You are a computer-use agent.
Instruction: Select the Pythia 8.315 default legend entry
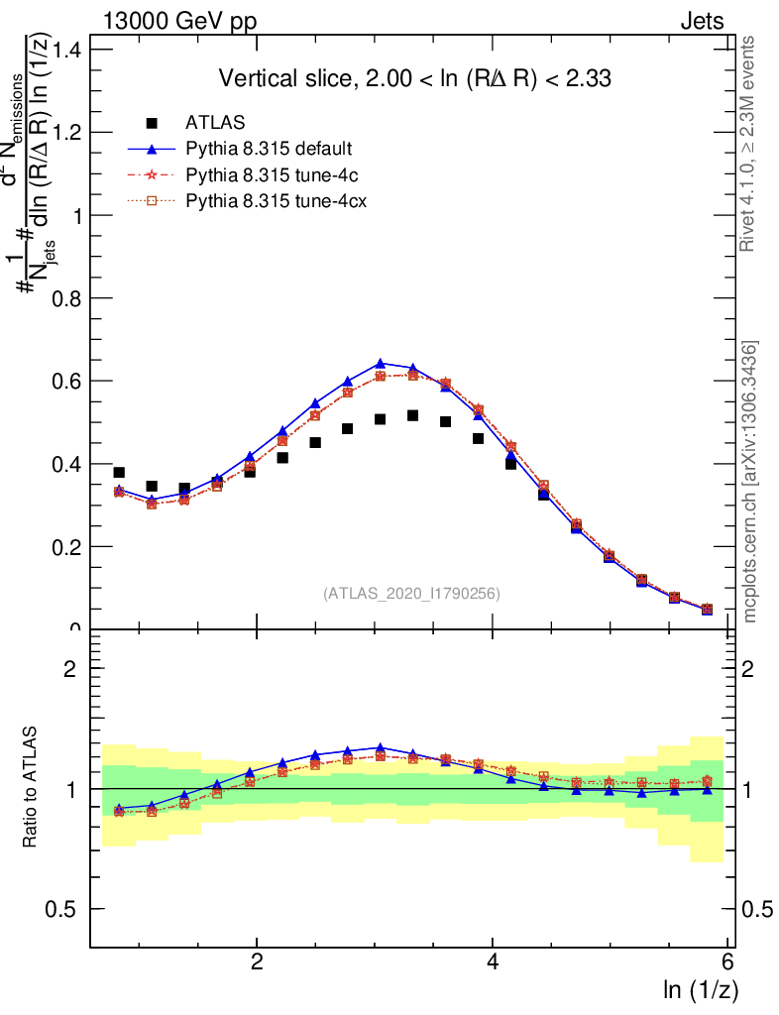tap(269, 150)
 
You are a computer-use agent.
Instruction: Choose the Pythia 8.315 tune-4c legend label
tap(269, 175)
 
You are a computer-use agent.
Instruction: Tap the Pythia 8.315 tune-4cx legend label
tap(273, 201)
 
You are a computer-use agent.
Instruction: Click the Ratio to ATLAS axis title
tap(32, 788)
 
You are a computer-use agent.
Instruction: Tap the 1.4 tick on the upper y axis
tap(66, 50)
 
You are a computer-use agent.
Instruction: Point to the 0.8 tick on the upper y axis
tap(66, 298)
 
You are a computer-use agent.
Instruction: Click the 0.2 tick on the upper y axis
tap(66, 547)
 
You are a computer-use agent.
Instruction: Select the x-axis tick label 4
tap(493, 962)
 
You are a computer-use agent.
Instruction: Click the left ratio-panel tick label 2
tap(70, 669)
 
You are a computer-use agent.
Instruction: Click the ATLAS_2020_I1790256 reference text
tap(410, 594)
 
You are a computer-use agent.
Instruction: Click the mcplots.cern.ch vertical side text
tap(749, 482)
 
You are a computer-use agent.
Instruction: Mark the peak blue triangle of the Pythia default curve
tap(380, 364)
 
